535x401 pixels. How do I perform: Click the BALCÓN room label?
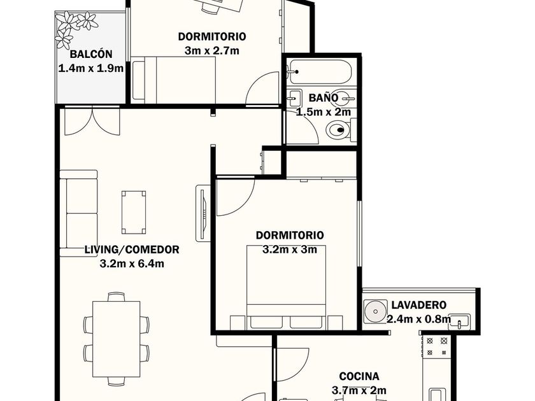coord(91,54)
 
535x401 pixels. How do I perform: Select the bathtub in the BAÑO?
coord(319,72)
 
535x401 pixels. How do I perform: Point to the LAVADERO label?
coord(418,304)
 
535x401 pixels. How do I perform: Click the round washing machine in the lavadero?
coord(375,311)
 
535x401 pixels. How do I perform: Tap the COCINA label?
coord(359,376)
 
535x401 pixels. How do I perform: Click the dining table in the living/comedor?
coord(117,339)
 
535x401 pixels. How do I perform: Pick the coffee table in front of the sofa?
coord(134,212)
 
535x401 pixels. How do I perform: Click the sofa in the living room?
coord(79,213)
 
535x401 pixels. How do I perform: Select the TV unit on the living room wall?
coord(203,213)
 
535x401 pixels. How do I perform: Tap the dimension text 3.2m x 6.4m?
coord(132,264)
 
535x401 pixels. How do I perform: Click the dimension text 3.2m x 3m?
coord(290,250)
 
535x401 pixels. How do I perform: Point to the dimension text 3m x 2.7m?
coord(212,51)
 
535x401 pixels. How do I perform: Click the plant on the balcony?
coord(76,29)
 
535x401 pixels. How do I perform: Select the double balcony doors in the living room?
coord(92,121)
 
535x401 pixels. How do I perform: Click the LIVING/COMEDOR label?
coord(132,250)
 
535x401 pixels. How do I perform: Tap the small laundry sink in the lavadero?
coord(459,321)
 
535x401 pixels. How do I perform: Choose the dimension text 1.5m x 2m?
coord(324,112)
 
